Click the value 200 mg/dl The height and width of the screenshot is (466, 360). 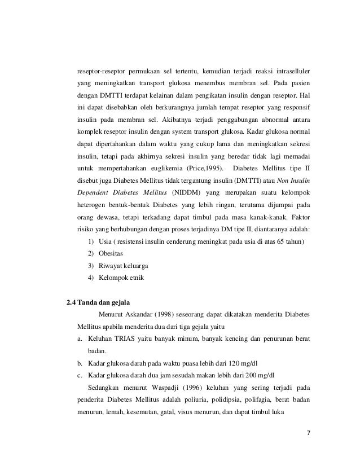coord(264,375)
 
